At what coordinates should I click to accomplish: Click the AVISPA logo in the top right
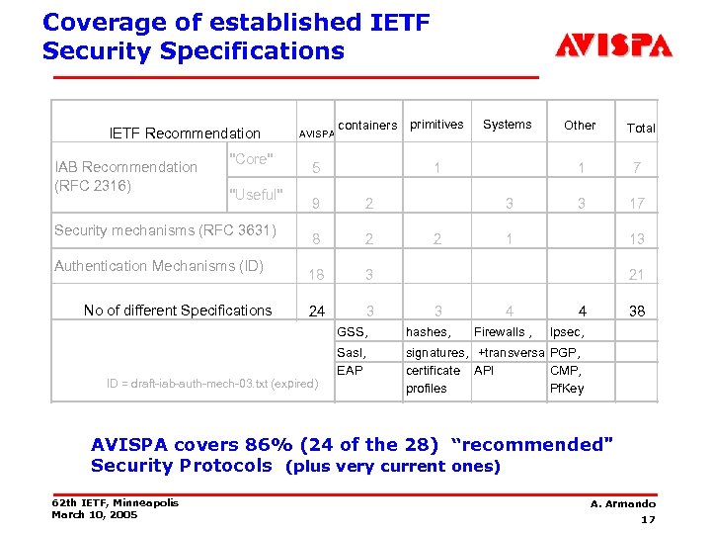tap(613, 45)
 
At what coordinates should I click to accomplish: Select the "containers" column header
tap(367, 126)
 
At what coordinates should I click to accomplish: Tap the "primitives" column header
tap(436, 125)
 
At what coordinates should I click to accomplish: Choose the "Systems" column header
tap(508, 125)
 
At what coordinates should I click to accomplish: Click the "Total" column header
tap(641, 128)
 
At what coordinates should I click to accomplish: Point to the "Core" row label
tap(251, 160)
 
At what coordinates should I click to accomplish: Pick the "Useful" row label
tap(256, 193)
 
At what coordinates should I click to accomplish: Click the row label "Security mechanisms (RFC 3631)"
tap(166, 230)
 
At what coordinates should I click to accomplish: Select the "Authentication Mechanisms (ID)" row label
tap(159, 265)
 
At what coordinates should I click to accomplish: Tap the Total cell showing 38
tap(638, 311)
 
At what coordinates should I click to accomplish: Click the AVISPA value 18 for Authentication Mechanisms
tap(317, 274)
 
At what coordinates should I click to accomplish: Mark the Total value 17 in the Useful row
tap(638, 203)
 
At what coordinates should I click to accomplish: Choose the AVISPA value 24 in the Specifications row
tap(316, 311)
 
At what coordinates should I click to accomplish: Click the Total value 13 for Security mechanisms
tap(638, 238)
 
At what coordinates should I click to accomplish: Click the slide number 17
tap(648, 519)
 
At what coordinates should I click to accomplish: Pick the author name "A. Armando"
tap(623, 503)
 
